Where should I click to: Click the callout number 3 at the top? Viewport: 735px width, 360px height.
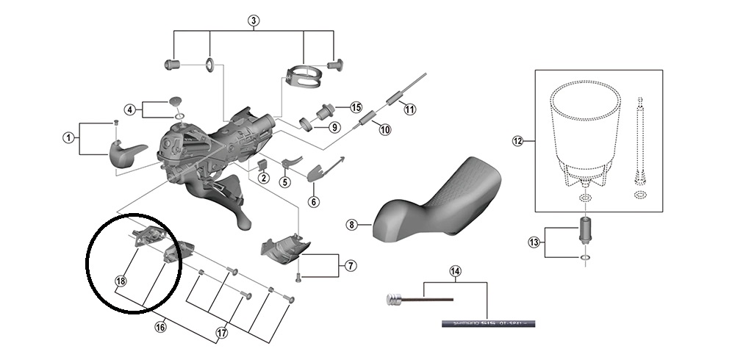[254, 20]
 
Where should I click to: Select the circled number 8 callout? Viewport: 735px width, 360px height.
[351, 225]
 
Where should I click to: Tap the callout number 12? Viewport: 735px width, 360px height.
[517, 140]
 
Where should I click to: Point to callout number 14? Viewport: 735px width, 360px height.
[456, 272]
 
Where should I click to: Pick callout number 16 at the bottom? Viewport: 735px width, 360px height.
[160, 328]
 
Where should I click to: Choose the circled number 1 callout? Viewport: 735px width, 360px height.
[68, 137]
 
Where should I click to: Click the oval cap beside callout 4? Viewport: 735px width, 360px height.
[176, 100]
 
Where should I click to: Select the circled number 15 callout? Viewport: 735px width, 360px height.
[356, 107]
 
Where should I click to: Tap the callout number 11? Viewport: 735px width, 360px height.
[409, 109]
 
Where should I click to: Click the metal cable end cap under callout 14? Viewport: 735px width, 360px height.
[394, 298]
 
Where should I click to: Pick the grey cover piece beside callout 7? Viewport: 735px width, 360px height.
[283, 247]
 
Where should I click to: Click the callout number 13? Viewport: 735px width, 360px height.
[534, 242]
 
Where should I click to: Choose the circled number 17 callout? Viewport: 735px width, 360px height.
[221, 332]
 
